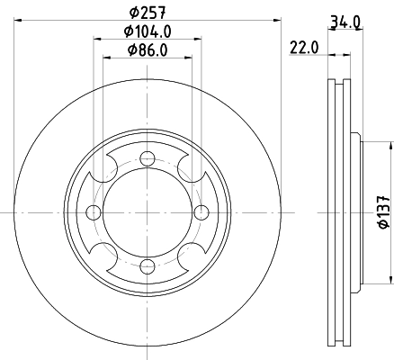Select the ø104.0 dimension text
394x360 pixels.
click(x=147, y=32)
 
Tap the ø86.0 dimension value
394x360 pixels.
click(x=147, y=50)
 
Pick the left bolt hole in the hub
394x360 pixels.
click(x=94, y=212)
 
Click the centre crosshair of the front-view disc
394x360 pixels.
click(x=147, y=212)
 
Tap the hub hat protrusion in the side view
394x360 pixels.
click(x=358, y=213)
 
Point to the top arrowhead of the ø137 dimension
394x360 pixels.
click(x=390, y=145)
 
